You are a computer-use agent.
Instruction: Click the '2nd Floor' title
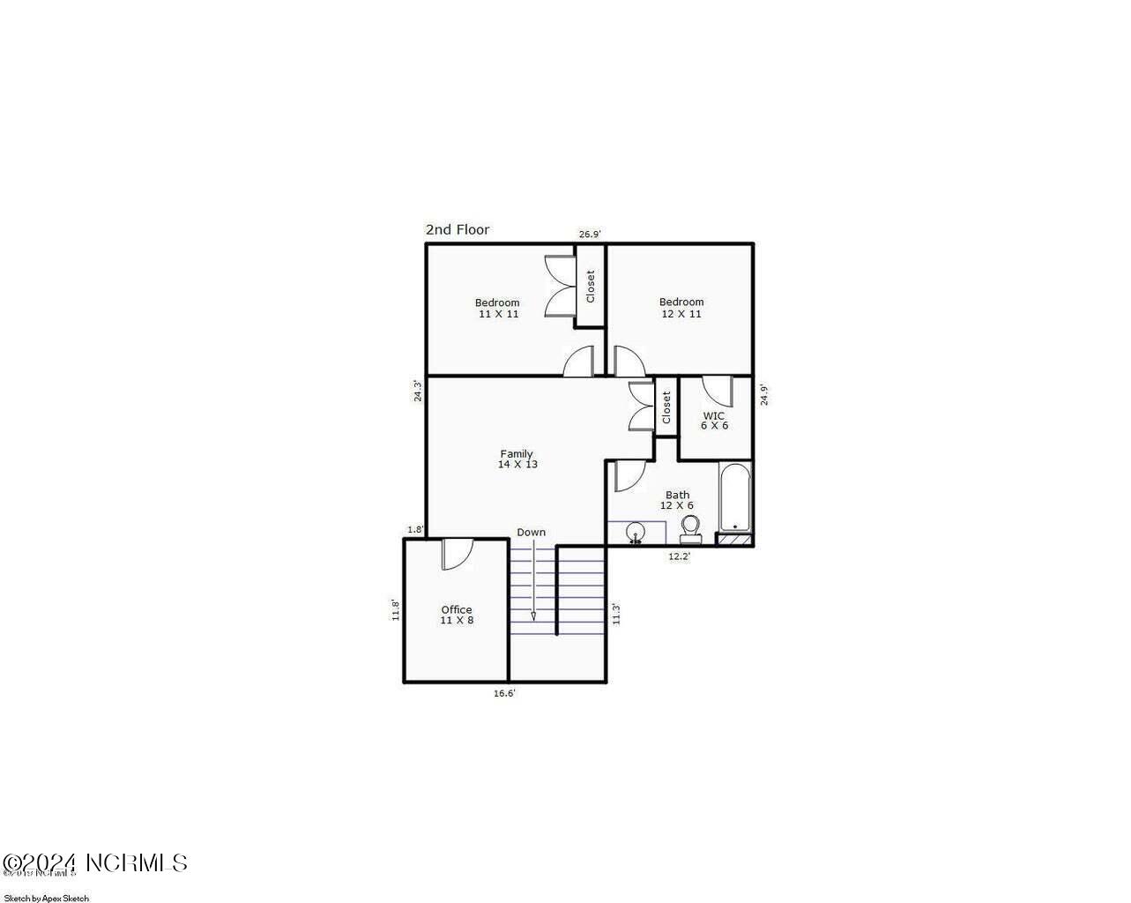(457, 230)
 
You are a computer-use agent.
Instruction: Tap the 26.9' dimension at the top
(589, 235)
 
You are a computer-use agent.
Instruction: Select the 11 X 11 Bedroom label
(497, 308)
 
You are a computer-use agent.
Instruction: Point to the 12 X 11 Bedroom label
(681, 308)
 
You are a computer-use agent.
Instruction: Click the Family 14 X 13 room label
(517, 459)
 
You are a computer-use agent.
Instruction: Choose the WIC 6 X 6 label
(714, 421)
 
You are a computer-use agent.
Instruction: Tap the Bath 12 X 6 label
(677, 500)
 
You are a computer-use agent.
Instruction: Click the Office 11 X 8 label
(457, 615)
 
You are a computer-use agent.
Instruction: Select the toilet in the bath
(690, 529)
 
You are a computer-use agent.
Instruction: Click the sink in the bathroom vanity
(635, 533)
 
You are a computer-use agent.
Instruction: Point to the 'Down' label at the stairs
(531, 533)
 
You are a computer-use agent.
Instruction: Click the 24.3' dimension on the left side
(419, 391)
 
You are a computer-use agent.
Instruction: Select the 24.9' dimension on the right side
(764, 394)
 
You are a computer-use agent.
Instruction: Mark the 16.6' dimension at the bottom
(503, 693)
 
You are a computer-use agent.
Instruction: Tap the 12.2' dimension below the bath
(679, 556)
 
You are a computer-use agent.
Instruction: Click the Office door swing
(456, 553)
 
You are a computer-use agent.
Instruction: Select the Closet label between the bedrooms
(591, 286)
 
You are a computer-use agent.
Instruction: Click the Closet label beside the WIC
(666, 407)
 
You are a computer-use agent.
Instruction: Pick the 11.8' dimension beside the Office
(396, 610)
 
